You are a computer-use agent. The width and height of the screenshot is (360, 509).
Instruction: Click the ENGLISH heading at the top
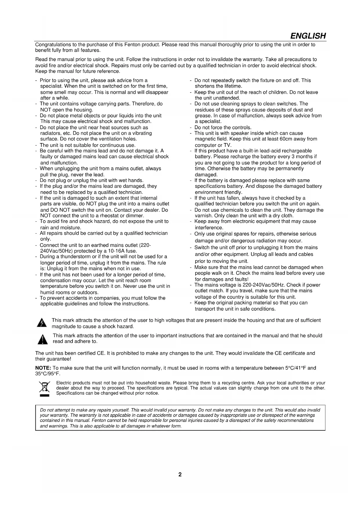(x=308, y=36)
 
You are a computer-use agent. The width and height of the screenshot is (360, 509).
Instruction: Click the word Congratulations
(x=53, y=45)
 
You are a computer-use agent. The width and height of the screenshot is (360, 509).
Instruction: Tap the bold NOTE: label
(x=43, y=368)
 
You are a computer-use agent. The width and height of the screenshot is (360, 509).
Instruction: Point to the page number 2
(x=180, y=475)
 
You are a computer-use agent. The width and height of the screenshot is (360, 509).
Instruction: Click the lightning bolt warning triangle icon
(x=42, y=323)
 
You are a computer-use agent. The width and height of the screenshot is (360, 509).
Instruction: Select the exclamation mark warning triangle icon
(x=43, y=339)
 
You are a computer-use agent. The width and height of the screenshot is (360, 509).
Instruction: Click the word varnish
(x=204, y=216)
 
